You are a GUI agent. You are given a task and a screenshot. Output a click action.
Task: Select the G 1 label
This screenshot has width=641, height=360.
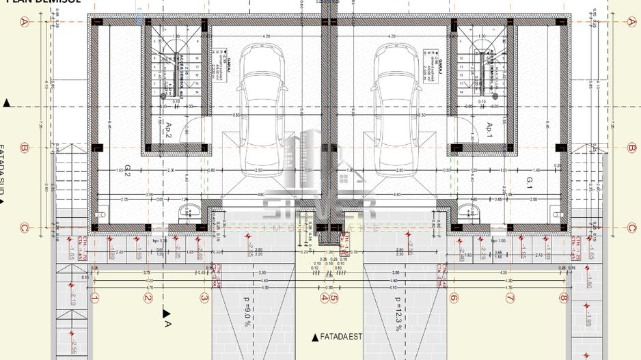point(530,181)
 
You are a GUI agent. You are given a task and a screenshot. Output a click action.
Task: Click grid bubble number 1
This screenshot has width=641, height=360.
point(94,298)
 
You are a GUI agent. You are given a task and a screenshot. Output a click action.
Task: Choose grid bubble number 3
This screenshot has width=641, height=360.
point(204,298)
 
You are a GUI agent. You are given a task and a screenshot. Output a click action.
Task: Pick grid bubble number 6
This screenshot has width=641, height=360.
point(453,298)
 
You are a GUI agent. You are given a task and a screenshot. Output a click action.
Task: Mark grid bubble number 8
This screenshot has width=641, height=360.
point(563,298)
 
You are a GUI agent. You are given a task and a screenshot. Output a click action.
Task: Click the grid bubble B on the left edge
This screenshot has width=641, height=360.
point(24,147)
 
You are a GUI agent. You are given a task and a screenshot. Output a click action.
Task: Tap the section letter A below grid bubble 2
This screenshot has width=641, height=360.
point(167,324)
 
